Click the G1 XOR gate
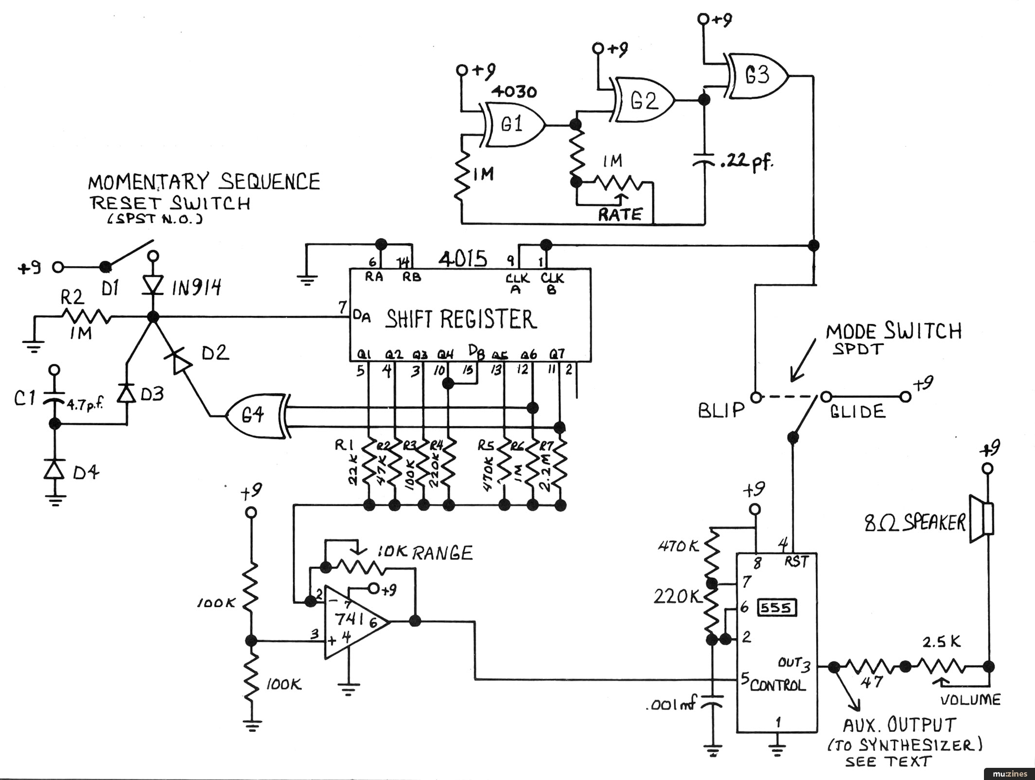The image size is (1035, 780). (x=513, y=125)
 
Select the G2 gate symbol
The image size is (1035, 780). (x=643, y=101)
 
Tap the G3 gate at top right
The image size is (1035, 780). (x=756, y=76)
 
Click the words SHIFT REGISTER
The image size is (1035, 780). (x=461, y=319)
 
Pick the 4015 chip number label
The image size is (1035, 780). (x=463, y=259)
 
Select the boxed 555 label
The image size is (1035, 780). (x=776, y=608)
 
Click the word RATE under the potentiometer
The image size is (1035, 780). (x=620, y=214)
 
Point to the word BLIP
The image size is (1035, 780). (x=721, y=411)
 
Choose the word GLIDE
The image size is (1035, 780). (x=858, y=412)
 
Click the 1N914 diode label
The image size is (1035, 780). (x=197, y=288)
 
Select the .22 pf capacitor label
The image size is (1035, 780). (x=747, y=162)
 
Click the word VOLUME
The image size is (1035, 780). (x=970, y=700)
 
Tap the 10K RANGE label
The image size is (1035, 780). (x=425, y=553)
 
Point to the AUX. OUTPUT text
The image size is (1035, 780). (x=899, y=725)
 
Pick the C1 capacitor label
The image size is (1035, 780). (x=24, y=399)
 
